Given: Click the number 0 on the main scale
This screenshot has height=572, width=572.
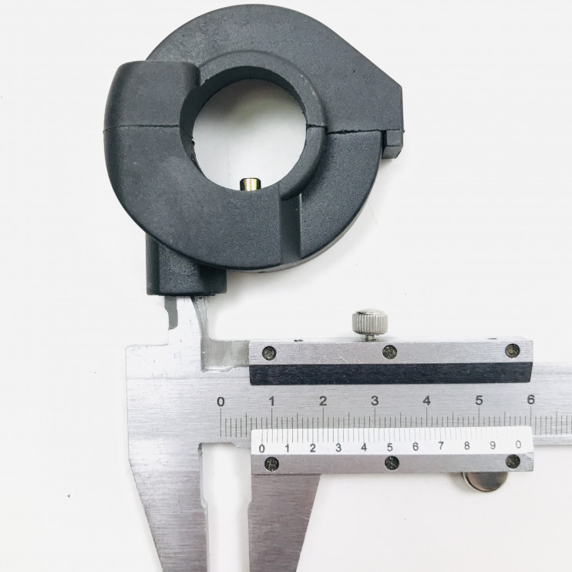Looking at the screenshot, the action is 220,402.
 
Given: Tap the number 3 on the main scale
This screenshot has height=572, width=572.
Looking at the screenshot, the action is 375,401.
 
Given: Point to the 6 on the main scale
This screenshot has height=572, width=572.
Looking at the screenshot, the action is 531,399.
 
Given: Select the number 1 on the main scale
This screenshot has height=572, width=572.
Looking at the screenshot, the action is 272,402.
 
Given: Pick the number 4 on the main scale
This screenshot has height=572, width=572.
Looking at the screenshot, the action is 427,401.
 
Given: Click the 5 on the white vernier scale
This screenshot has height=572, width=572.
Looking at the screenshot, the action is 389,446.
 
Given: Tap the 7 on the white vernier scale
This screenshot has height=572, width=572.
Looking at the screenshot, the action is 441,446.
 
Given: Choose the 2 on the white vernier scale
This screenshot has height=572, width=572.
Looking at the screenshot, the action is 313,448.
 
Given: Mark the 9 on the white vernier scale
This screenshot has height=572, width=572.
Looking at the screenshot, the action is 493,445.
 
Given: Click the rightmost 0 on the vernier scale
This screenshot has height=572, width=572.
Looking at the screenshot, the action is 518,444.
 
